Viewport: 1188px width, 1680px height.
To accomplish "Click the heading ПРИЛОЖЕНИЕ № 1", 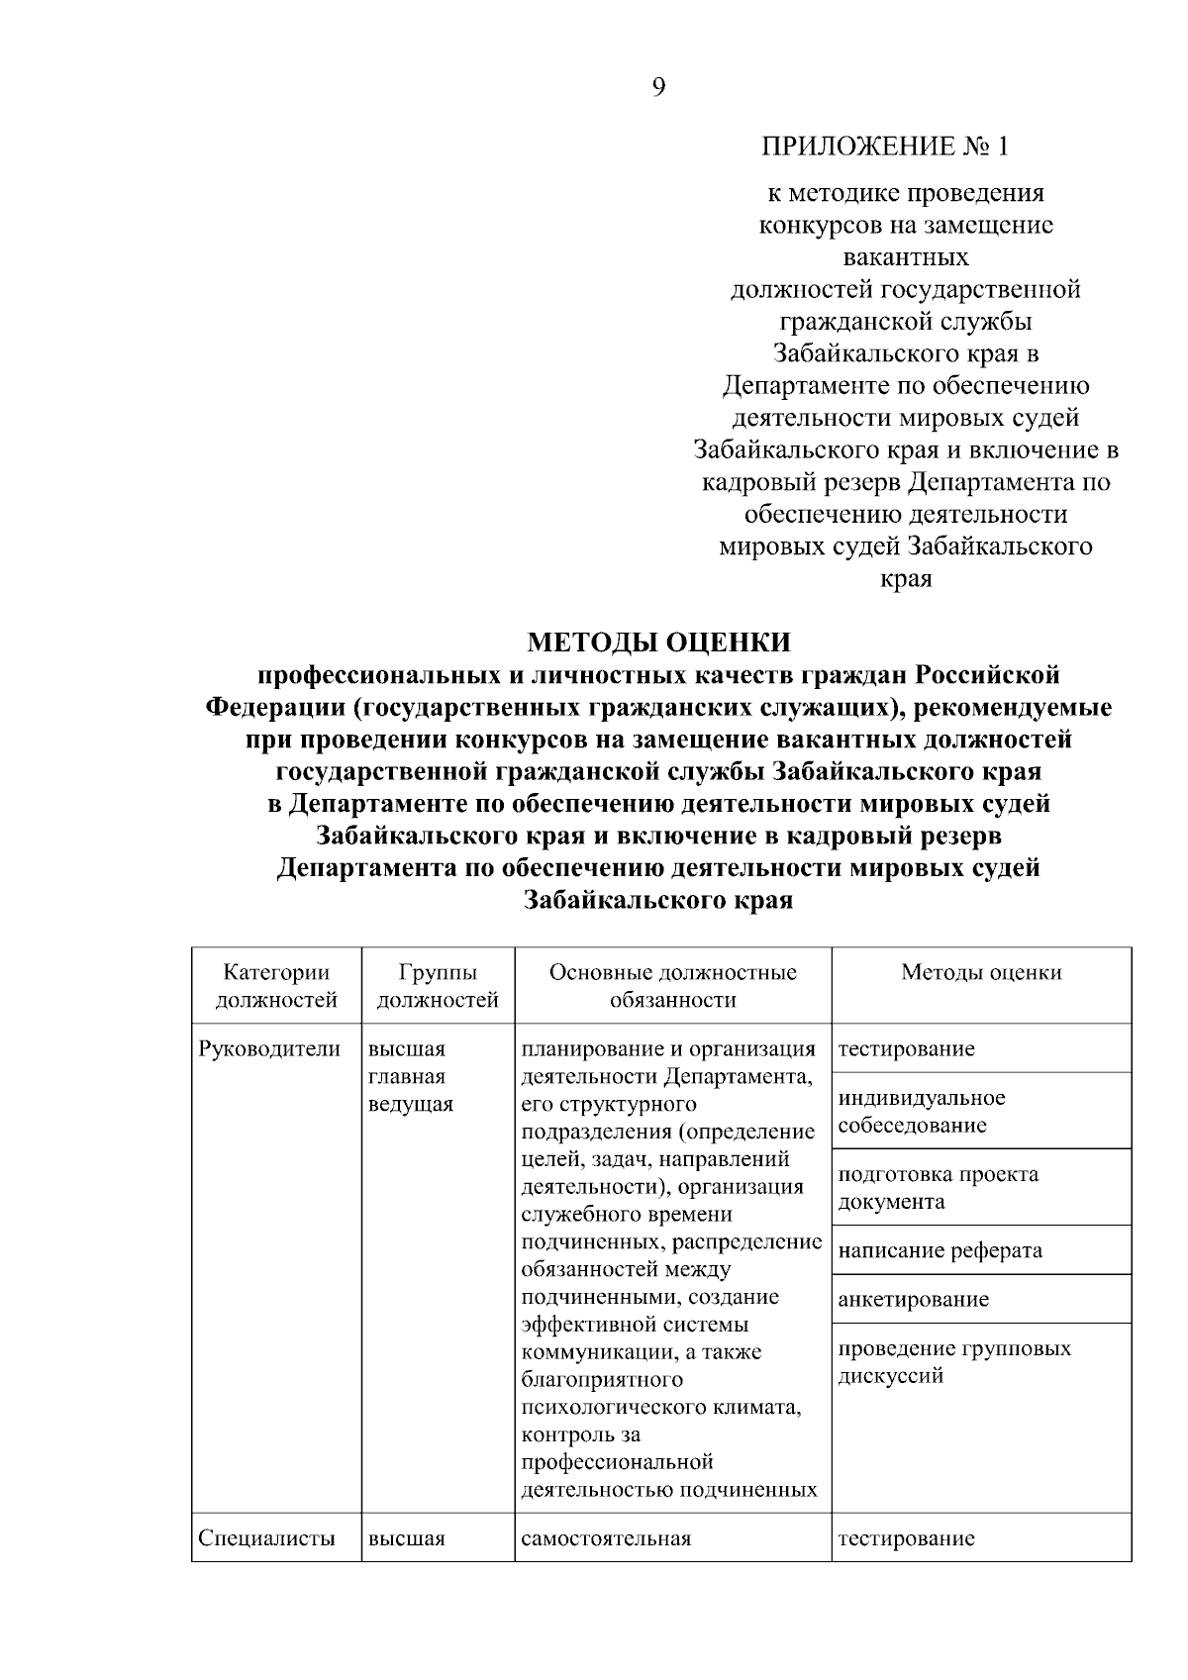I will pos(885,148).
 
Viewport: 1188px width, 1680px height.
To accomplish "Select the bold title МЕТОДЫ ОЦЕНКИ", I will pos(659,642).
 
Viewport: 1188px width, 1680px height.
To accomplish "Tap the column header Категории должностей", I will pos(276,986).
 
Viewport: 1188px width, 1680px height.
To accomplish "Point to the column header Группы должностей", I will pos(438,986).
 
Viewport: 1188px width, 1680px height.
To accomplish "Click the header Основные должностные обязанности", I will pos(672,986).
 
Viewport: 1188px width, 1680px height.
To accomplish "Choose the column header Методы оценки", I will pos(981,972).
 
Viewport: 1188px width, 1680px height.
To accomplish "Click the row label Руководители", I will pos(269,1048).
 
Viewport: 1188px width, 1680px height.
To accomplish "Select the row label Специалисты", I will pos(266,1538).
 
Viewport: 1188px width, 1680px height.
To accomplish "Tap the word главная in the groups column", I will pos(406,1076).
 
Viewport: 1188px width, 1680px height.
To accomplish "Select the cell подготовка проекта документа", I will pos(938,1188).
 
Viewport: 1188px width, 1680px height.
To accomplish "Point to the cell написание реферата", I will pos(940,1250).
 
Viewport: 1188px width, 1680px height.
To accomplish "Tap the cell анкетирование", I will pos(913,1299).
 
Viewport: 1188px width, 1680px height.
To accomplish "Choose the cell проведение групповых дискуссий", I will pos(953,1362).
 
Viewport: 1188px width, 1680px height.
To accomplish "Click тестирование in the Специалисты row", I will pos(906,1538).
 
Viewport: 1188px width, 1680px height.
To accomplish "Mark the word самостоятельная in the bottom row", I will pos(605,1538).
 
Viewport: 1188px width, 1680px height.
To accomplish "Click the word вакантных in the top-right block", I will pos(905,257).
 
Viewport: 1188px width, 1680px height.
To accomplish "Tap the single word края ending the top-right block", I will pos(906,579).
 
